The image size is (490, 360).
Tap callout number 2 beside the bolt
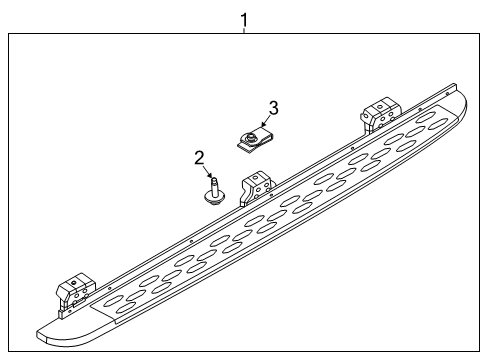(200, 156)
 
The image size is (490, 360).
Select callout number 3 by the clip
(273, 107)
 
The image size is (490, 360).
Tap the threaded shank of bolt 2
(213, 185)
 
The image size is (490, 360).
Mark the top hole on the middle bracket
(258, 178)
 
